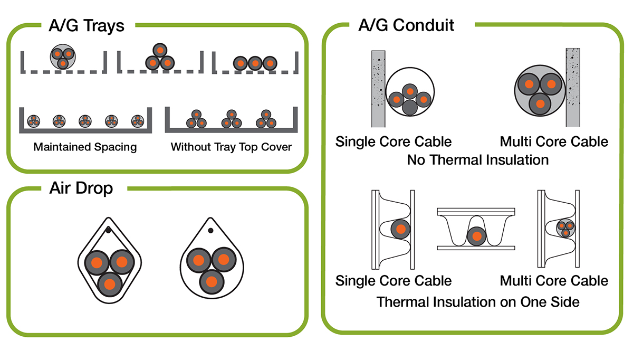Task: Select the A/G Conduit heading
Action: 406,24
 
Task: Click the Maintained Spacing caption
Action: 85,147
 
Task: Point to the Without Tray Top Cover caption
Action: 231,147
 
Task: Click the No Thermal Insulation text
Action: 478,159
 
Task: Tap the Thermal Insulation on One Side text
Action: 478,302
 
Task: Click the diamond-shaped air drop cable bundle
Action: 109,260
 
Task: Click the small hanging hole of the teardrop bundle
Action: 210,231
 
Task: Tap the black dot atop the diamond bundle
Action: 108,230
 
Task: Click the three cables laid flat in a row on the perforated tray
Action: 255,63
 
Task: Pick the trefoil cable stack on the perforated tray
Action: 160,58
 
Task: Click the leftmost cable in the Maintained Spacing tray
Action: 33,120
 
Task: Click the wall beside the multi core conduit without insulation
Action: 573,88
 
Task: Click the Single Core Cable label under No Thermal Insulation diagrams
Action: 394,141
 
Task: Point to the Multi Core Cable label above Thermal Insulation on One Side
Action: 554,280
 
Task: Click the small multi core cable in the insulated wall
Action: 565,229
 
